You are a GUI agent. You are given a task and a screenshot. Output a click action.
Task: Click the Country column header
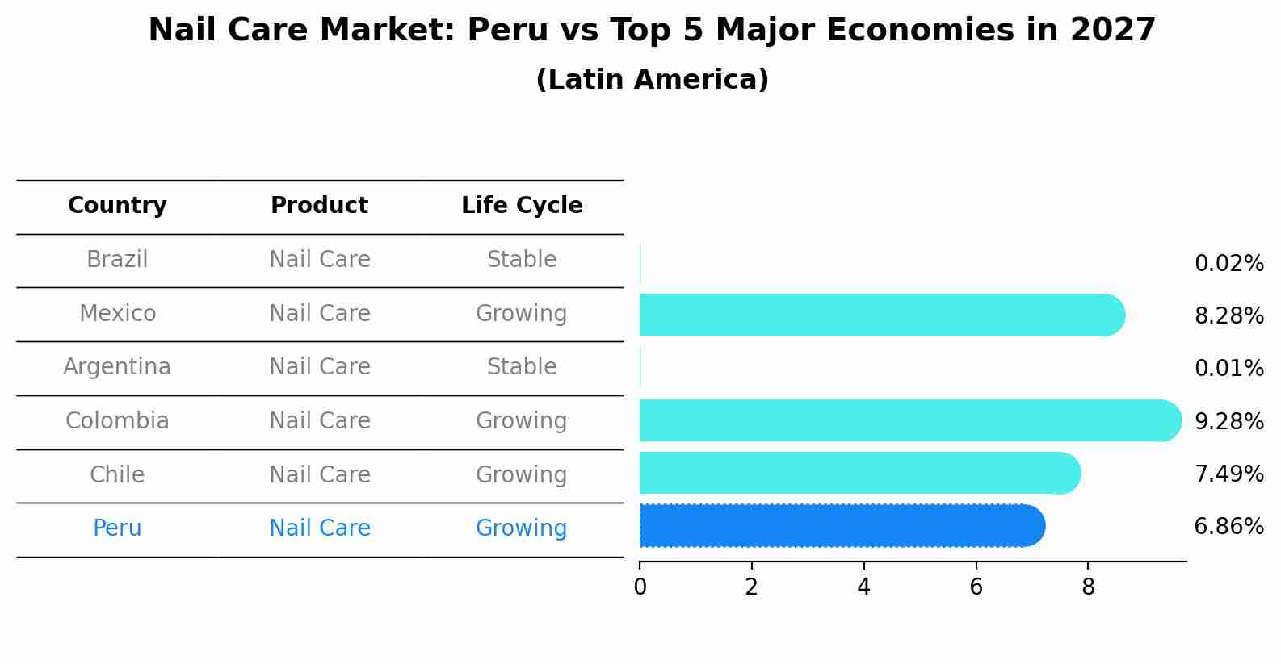[x=117, y=206]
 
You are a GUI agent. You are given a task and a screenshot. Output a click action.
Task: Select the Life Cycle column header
[x=522, y=206]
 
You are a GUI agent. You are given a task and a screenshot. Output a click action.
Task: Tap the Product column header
[x=319, y=206]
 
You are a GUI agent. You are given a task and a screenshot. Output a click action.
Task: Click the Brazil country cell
[x=117, y=260]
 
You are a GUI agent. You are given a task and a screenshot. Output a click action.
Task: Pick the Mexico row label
[x=117, y=313]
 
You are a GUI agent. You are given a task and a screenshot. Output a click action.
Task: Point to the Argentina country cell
[x=117, y=367]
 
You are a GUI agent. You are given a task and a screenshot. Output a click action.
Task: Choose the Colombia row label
[x=117, y=421]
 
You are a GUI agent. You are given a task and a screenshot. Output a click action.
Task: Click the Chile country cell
[x=117, y=474]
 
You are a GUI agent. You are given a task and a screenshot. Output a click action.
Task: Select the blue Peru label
[x=117, y=528]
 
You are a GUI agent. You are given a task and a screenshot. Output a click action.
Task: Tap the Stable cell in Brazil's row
[x=522, y=260]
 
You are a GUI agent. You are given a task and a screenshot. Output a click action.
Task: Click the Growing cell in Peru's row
[x=522, y=528]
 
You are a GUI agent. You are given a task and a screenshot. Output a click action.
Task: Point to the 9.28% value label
[x=1228, y=422]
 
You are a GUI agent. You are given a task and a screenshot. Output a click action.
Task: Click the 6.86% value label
[x=1228, y=527]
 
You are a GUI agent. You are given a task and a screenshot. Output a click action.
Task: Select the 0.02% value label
[x=1228, y=264]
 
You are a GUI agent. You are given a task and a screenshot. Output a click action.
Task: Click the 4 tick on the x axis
[x=863, y=587]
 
